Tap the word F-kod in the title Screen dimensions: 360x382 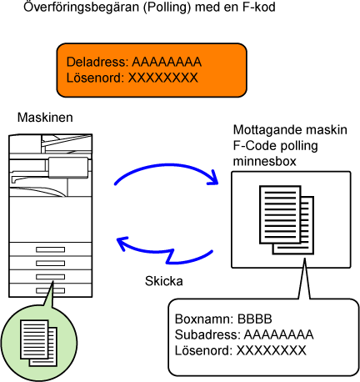click(259, 7)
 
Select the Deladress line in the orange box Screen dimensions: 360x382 click(134, 62)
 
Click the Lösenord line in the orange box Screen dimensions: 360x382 click(132, 78)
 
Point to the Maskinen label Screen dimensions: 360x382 click(45, 118)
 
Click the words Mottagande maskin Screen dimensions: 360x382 click(290, 129)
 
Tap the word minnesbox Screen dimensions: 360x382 click(264, 161)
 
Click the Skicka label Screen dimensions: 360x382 click(164, 281)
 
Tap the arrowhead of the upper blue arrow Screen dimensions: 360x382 click(213, 178)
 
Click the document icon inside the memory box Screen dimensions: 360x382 click(287, 219)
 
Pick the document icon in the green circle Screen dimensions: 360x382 click(38, 343)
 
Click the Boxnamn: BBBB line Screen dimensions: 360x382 click(223, 319)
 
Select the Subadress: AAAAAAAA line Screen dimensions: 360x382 click(244, 334)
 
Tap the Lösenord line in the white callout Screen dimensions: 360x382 click(241, 350)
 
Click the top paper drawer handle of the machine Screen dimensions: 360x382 click(50, 249)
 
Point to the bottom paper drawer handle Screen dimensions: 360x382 click(50, 290)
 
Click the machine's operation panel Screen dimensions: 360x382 click(68, 168)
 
